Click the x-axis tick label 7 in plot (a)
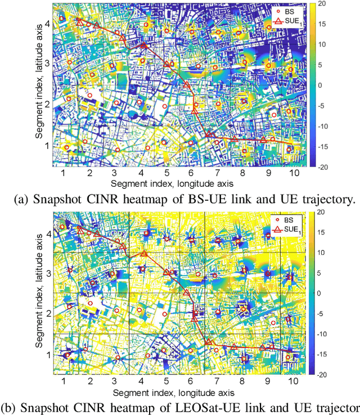[217, 174]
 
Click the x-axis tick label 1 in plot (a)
[63, 174]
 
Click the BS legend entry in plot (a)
[287, 10]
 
